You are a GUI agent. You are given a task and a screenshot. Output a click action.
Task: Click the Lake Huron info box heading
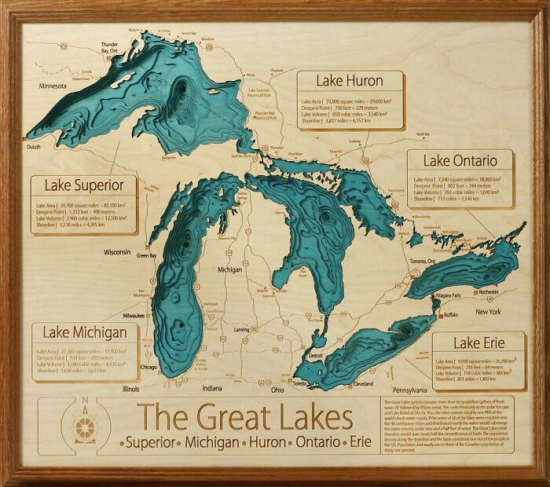click(350, 81)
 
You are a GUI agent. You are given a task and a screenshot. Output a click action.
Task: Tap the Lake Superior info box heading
click(84, 185)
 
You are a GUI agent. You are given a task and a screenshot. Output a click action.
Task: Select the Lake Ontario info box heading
click(460, 161)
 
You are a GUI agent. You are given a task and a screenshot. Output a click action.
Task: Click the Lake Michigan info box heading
click(85, 332)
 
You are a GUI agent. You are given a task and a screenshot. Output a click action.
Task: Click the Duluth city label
click(33, 147)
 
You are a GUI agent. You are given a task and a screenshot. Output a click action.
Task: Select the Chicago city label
click(148, 367)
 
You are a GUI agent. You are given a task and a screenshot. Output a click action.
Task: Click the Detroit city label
click(316, 357)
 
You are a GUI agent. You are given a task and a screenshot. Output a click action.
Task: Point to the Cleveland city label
click(363, 384)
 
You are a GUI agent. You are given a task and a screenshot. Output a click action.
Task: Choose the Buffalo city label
click(450, 314)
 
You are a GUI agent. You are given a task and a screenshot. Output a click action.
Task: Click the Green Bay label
click(147, 255)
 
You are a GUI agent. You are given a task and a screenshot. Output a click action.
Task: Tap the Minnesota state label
click(49, 86)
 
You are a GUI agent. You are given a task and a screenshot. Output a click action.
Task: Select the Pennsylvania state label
click(409, 390)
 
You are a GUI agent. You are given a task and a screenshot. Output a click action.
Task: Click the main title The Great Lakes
click(244, 417)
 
